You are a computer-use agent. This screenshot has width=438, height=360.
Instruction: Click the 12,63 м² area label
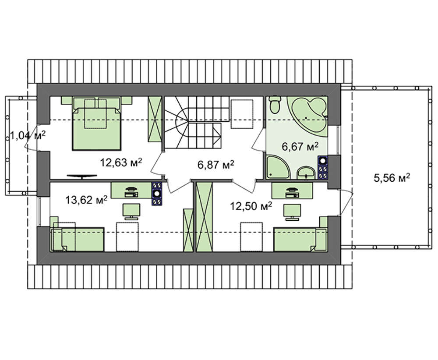pyautogui.click(x=121, y=162)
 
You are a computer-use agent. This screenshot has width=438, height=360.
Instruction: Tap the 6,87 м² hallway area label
pyautogui.click(x=215, y=165)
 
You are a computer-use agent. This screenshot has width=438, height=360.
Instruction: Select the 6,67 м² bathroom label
pyautogui.click(x=300, y=146)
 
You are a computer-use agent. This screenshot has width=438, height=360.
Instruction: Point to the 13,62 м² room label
pyautogui.click(x=86, y=200)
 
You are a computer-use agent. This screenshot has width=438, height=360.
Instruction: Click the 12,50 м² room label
pyautogui.click(x=251, y=206)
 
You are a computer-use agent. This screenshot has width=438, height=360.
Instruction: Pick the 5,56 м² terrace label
pyautogui.click(x=392, y=177)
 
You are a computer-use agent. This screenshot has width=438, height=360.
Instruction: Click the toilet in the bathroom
pyautogui.click(x=275, y=105)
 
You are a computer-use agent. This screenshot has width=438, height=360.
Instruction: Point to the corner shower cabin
pyautogui.click(x=278, y=167)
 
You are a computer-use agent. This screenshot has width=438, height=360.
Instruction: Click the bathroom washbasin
pyautogui.click(x=306, y=173)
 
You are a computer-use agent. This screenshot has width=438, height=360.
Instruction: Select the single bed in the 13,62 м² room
pyautogui.click(x=78, y=239)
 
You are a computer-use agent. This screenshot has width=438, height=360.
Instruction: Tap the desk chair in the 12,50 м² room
pyautogui.click(x=292, y=212)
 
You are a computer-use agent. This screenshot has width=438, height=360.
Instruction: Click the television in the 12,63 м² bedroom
pyautogui.click(x=82, y=176)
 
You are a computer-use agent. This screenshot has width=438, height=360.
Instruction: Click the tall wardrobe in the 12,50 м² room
pyautogui.click(x=205, y=217)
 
